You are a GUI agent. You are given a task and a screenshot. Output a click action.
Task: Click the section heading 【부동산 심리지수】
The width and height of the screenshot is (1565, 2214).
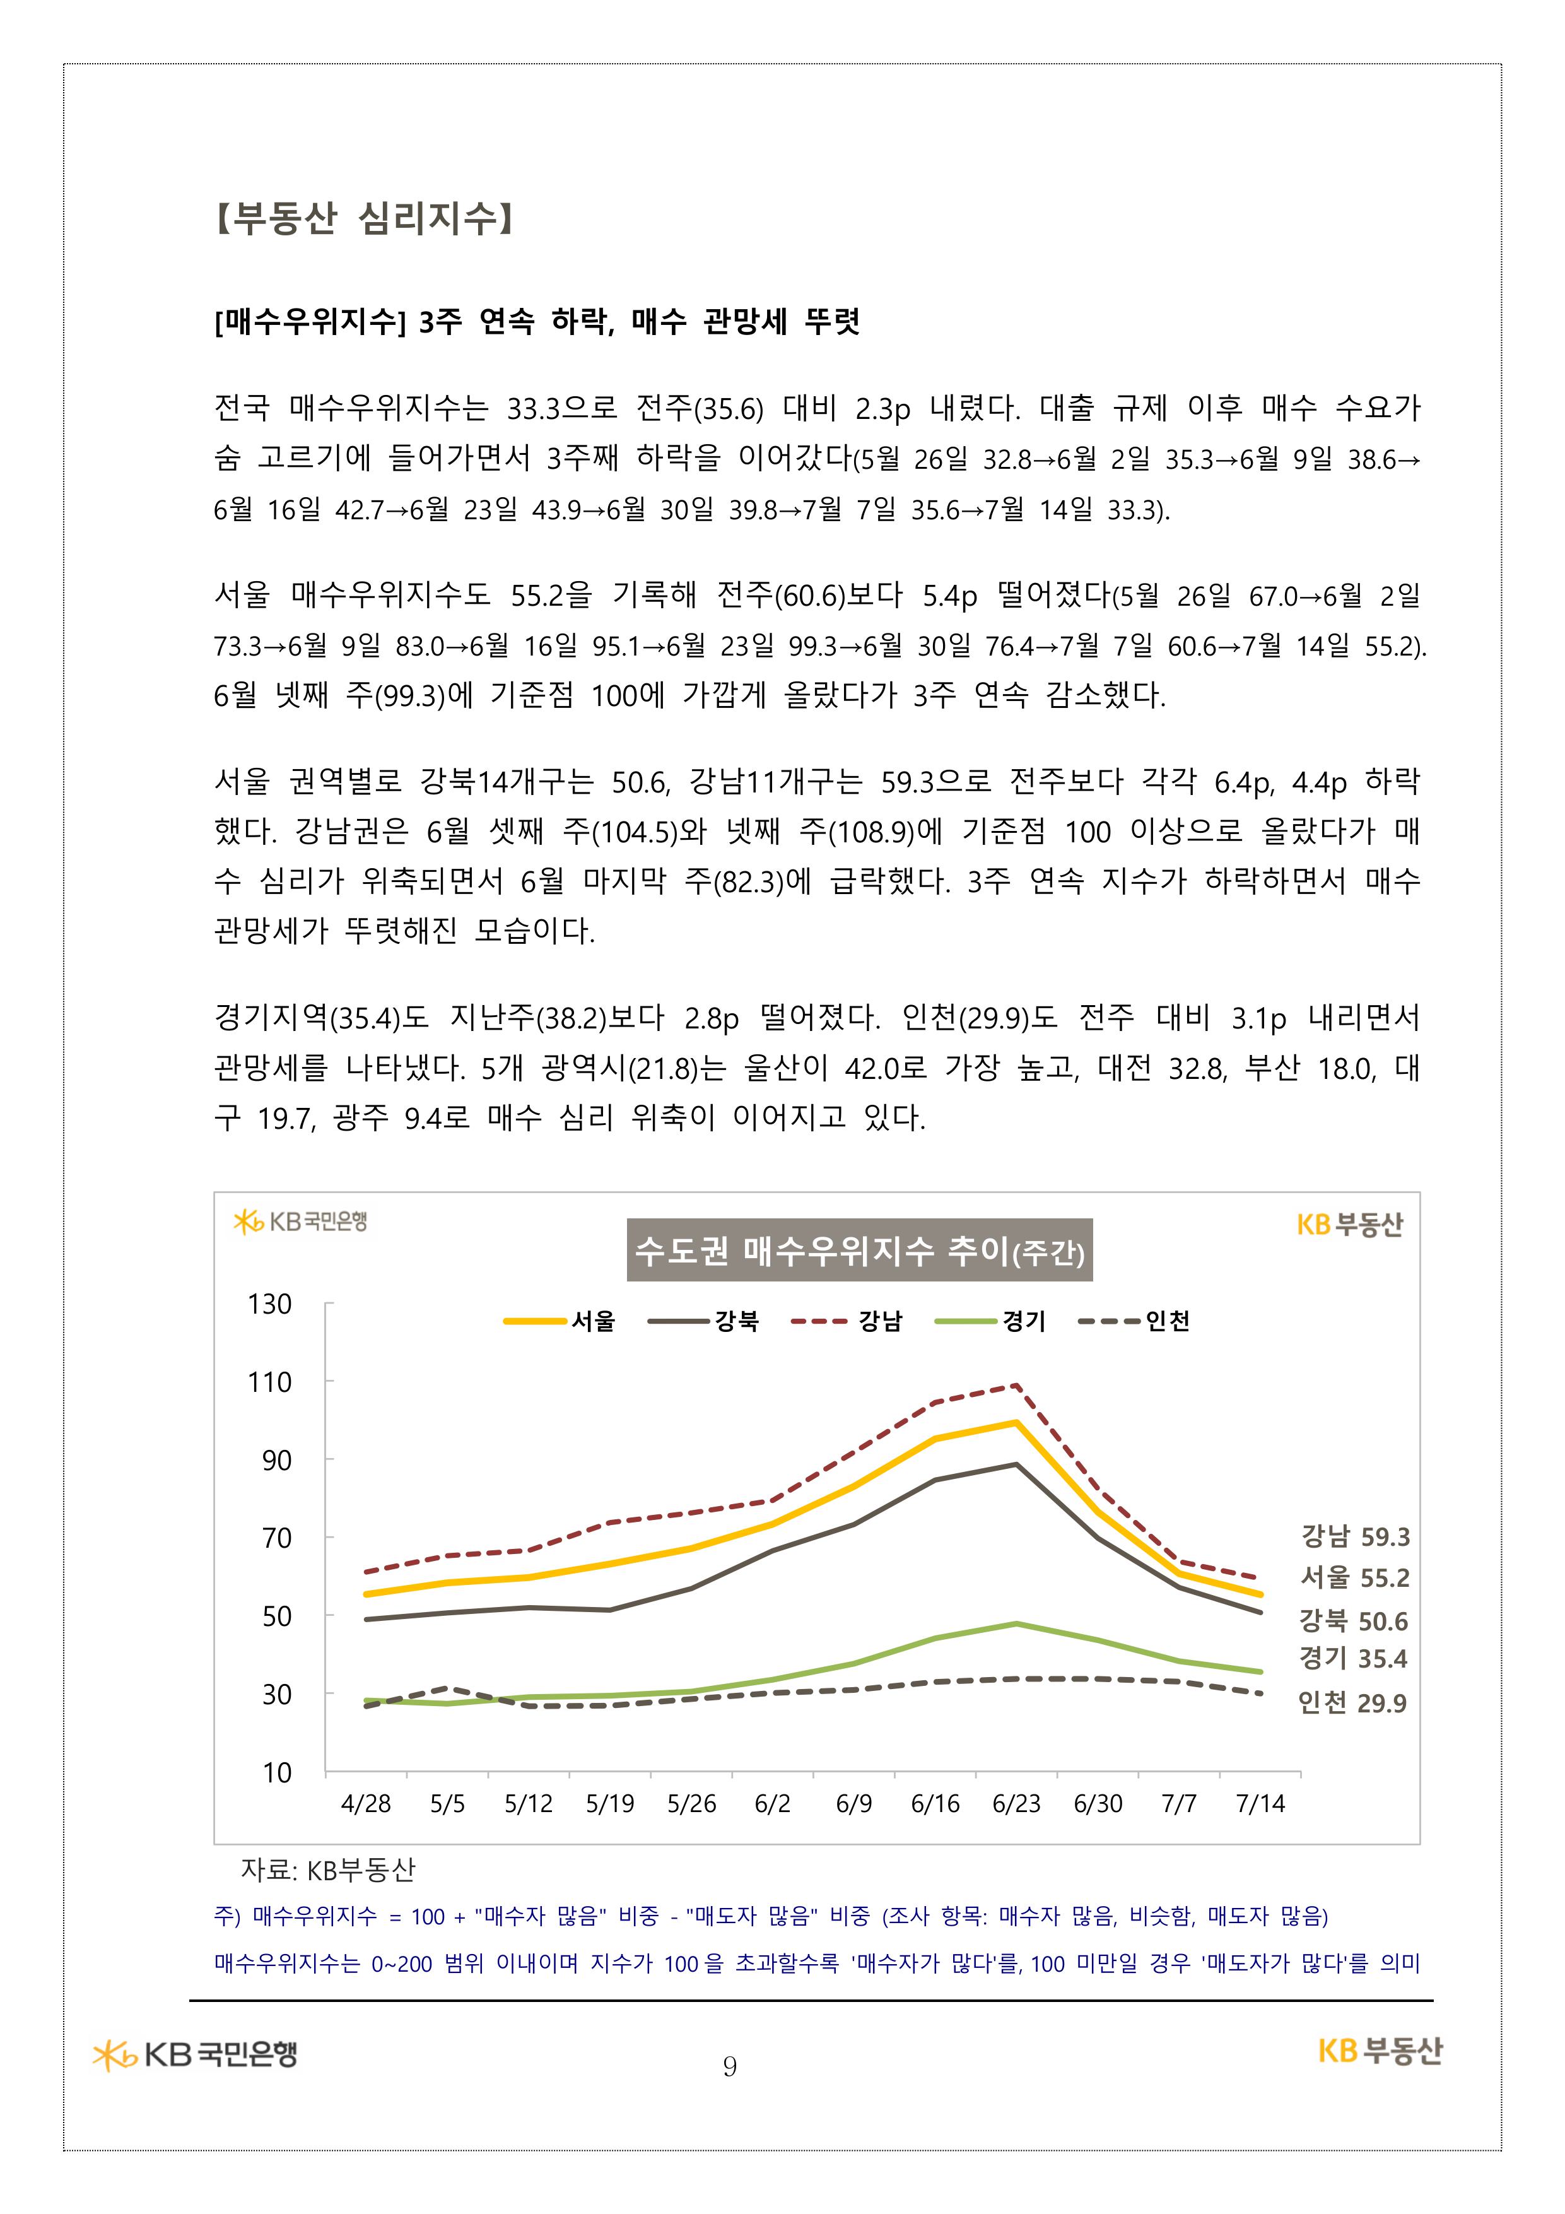363,218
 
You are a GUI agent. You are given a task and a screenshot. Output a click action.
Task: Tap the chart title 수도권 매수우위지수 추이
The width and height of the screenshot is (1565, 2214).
858,1251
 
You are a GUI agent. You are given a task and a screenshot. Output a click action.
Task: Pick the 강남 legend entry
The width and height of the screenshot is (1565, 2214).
847,1321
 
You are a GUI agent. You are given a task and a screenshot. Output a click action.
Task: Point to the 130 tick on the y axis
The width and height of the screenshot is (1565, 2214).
270,1304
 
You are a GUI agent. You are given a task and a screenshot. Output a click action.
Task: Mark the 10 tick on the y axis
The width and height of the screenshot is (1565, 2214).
277,1772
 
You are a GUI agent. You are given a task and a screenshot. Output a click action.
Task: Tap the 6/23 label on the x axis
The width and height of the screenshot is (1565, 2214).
1016,1804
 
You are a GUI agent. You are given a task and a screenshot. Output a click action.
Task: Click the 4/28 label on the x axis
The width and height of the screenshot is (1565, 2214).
366,1804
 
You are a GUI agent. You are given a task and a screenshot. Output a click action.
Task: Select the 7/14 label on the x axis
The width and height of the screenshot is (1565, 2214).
1260,1804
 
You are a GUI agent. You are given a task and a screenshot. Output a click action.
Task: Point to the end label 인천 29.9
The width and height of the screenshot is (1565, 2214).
1352,1703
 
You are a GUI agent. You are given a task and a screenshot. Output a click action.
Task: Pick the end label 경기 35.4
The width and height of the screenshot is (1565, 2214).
1353,1659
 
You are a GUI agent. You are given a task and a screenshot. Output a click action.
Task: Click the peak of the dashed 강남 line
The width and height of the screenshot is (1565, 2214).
1016,1386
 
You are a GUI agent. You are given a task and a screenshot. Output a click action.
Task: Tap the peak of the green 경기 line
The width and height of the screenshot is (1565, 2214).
1016,1624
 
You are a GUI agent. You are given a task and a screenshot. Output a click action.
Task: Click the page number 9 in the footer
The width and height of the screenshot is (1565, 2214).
730,2066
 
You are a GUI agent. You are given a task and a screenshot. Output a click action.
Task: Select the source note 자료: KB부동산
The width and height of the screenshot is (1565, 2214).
328,1870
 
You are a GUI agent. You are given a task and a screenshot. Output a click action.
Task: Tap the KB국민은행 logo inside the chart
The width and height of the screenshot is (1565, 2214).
300,1222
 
